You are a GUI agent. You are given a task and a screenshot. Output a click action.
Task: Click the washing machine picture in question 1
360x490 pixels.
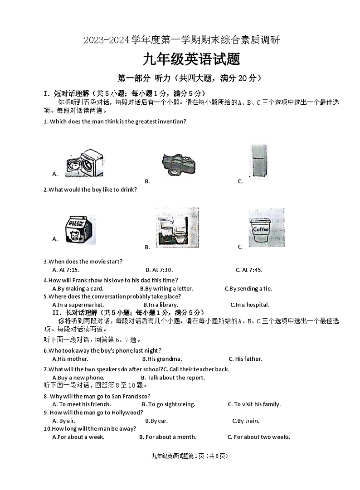click(84, 163)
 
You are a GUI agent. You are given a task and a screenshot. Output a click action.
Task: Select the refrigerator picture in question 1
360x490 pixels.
click(258, 162)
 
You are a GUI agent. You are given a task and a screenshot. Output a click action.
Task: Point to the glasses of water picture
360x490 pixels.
click(177, 228)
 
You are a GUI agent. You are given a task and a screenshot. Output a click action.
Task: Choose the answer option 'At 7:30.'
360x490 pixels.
click(159, 270)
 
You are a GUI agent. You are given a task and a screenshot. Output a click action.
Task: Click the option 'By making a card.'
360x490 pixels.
click(78, 289)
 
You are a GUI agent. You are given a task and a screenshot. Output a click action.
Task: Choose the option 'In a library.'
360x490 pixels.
click(161, 305)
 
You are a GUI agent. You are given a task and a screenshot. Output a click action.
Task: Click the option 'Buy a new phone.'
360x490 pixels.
click(78, 378)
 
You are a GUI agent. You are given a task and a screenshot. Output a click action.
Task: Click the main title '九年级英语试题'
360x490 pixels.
click(180, 59)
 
